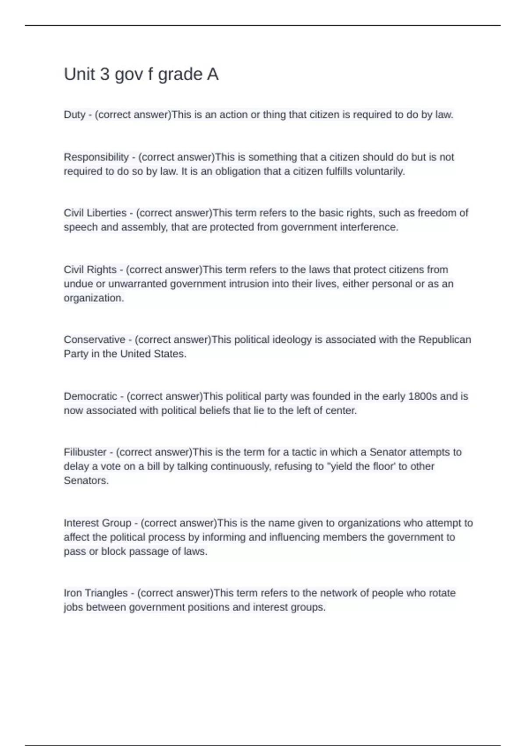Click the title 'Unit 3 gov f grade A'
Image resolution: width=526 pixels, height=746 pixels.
pos(141,74)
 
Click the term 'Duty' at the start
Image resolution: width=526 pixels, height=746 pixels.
pos(75,115)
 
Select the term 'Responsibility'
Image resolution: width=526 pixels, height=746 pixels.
pos(96,157)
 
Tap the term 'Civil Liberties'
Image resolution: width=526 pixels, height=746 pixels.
pos(95,213)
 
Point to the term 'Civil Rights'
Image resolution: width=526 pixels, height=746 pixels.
pos(90,269)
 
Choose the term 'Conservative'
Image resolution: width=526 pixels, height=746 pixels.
pos(94,340)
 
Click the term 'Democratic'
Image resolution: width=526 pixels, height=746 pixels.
pos(90,396)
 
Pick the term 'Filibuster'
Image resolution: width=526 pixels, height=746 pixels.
pos(85,452)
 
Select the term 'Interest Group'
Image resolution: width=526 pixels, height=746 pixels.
pos(97,523)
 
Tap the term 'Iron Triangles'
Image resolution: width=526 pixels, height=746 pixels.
pos(96,593)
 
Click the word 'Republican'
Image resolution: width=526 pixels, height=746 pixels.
pos(444,340)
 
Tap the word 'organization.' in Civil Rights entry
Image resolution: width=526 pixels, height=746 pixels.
pos(94,298)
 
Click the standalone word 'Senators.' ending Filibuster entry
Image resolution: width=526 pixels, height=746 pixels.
pos(86,481)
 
